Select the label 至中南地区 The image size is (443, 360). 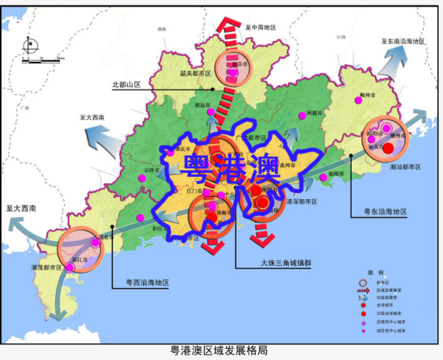click(261, 27)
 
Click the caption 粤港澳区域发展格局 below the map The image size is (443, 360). click(220, 350)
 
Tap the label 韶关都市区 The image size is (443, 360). click(196, 73)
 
